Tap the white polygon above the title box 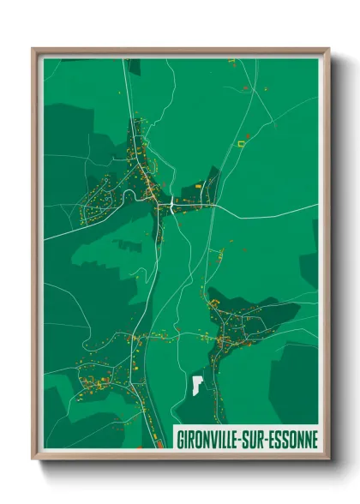point(197,384)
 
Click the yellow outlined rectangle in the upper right point(241,145)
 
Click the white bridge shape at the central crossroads point(174,206)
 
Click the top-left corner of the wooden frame point(33,49)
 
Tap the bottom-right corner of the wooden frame point(328,459)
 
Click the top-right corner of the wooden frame point(328,49)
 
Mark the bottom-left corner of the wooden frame point(33,459)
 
